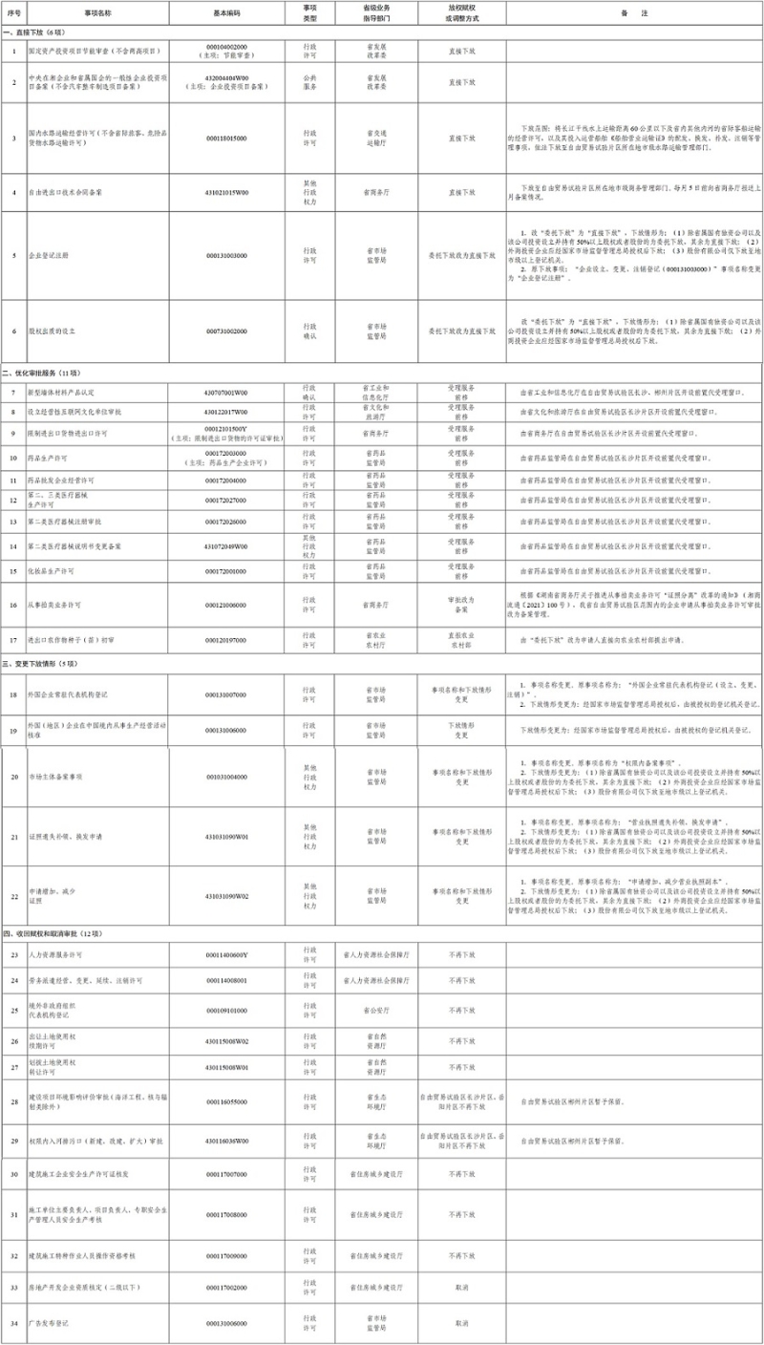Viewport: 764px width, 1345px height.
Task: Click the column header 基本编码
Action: click(226, 12)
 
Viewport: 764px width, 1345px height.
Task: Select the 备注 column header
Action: click(633, 12)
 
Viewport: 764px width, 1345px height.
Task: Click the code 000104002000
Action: click(226, 46)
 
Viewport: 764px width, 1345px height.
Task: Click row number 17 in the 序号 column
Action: click(13, 640)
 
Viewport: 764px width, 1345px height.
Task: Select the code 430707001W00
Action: click(226, 393)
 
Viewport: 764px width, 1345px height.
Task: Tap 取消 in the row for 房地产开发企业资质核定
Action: click(461, 1288)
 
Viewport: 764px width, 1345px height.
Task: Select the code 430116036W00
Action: click(226, 1141)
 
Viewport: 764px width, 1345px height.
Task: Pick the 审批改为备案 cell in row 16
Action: click(461, 605)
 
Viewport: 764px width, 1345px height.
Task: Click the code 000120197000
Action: click(226, 640)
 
